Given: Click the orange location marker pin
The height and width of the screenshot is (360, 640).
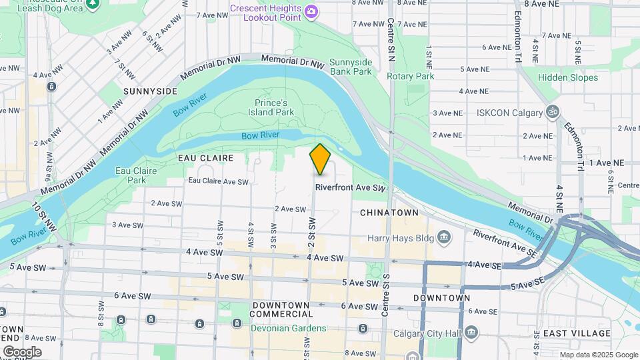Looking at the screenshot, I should pyautogui.click(x=320, y=159).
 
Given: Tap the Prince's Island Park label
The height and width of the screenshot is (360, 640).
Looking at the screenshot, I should pyautogui.click(x=274, y=108).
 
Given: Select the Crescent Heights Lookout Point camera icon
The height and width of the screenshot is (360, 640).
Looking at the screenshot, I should pyautogui.click(x=311, y=11).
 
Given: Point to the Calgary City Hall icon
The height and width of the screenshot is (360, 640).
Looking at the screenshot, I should pyautogui.click(x=471, y=332).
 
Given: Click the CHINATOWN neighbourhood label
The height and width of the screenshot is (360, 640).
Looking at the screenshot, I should pyautogui.click(x=389, y=212).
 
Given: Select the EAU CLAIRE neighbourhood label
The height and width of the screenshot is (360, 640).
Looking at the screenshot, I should pyautogui.click(x=205, y=158).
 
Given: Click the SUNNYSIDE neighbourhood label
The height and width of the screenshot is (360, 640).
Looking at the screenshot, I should pyautogui.click(x=150, y=91).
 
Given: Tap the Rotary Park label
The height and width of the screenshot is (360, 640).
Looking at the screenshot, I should pyautogui.click(x=411, y=76).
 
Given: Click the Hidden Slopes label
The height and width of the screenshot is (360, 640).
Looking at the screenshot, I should pyautogui.click(x=568, y=77).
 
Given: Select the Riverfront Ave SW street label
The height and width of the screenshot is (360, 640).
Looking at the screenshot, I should pyautogui.click(x=351, y=189).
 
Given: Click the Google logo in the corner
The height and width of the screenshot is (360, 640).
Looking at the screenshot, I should pyautogui.click(x=21, y=351).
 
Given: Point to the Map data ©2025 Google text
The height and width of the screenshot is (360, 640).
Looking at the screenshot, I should pyautogui.click(x=598, y=355).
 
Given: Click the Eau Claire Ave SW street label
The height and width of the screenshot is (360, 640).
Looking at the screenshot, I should pyautogui.click(x=218, y=181).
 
